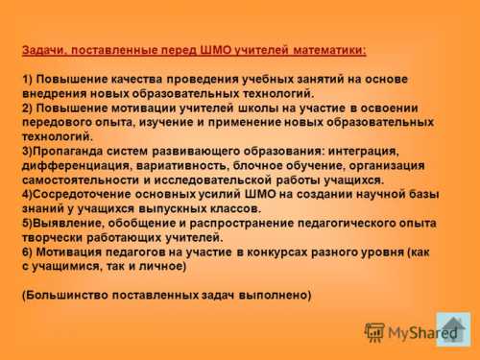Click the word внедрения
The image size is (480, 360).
click(55, 93)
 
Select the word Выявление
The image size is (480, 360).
click(69, 223)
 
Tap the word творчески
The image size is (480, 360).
click(54, 237)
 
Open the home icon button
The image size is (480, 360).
click(453, 329)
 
